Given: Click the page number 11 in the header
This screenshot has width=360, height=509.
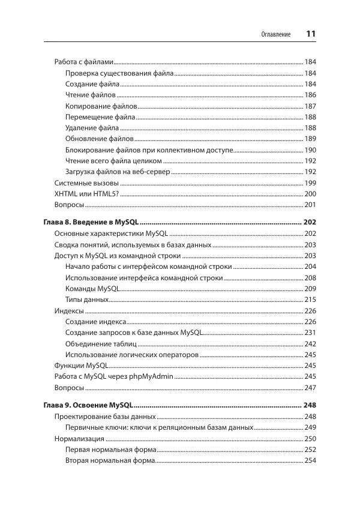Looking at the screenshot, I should tap(311, 34).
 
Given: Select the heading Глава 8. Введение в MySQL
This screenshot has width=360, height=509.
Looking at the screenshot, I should tap(91, 223).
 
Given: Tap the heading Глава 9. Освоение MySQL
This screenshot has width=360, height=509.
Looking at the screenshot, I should tap(88, 406).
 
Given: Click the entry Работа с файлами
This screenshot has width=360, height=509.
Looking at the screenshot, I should tap(83, 62).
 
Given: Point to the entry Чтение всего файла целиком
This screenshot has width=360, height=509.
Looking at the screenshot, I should tap(113, 161).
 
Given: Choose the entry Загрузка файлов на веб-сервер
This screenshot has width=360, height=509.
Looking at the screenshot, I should tap(118, 172).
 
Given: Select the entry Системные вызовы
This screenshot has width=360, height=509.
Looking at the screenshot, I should tap(86, 183).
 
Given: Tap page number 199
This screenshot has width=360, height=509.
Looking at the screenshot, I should tap(310, 183).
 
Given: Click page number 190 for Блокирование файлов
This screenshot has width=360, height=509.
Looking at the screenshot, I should tap(310, 150).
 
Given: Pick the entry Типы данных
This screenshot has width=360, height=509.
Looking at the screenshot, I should tap(87, 299).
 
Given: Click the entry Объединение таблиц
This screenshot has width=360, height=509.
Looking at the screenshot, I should tap(101, 343).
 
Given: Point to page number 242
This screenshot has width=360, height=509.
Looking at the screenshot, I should tap(310, 343).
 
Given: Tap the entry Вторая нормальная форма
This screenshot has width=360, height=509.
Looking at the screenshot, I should tap(110, 460).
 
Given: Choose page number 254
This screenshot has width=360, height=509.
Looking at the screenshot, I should tap(310, 460).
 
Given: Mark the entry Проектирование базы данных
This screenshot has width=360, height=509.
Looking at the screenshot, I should tap(105, 417).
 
